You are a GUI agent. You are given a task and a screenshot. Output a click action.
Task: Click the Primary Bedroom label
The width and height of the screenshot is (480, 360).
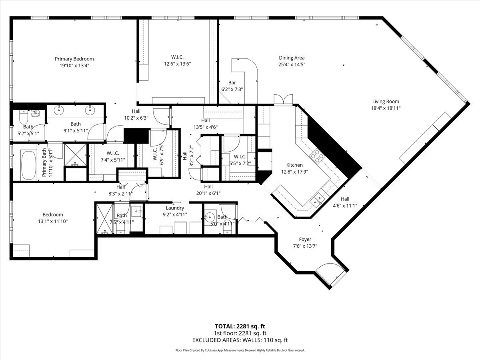[x=74, y=59]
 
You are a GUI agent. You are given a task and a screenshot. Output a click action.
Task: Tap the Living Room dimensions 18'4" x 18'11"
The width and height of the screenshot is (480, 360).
[x=386, y=108]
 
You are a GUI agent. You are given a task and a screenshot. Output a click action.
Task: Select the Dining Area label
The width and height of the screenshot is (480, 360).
[x=292, y=58]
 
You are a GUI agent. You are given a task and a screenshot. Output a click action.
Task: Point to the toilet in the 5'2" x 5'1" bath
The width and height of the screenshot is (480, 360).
[x=23, y=117]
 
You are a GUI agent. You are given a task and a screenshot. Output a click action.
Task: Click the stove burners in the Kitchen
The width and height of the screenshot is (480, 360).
[x=317, y=156]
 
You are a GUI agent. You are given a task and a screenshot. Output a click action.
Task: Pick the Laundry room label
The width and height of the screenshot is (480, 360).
[x=175, y=208]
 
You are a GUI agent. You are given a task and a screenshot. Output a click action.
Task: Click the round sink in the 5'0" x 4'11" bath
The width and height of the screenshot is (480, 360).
[x=209, y=218]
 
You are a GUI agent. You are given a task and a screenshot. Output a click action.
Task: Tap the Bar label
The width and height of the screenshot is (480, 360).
[x=232, y=83]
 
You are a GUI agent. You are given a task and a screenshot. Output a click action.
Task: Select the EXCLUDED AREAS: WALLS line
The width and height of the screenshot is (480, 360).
[x=240, y=340]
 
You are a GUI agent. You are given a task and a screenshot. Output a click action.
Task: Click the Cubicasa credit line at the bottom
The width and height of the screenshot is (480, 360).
[x=240, y=350]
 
